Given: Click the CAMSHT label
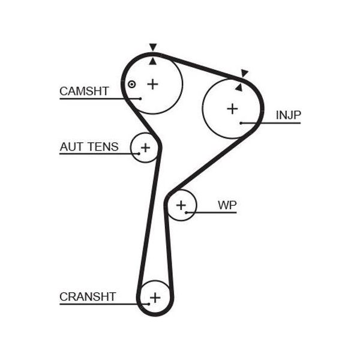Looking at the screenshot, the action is tap(84, 91).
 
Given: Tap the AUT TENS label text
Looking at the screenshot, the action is tap(89, 147).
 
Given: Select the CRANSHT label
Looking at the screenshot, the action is tap(88, 296).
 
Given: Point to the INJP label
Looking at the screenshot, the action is tap(288, 115).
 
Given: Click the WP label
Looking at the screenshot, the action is tap(227, 205).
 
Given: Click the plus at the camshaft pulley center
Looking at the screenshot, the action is tap(152, 84).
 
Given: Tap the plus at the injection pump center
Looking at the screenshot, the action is tap(232, 109).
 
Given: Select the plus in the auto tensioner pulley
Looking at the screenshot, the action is tap(145, 148).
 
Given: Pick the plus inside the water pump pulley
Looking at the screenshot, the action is tap(181, 205).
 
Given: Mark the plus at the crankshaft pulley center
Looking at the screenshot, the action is tap(155, 298).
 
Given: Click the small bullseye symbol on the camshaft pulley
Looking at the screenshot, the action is tap(131, 84).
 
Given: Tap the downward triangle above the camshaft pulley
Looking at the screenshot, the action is tap(153, 47).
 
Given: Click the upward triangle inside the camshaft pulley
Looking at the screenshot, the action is tap(152, 62).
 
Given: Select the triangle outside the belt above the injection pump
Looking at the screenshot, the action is tap(244, 73).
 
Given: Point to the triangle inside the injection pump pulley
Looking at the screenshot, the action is tap(239, 88).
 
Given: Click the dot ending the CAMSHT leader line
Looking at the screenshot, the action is tap(140, 99).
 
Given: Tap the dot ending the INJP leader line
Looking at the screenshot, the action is tap(241, 123).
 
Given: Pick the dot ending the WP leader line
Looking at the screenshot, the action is tap(186, 212).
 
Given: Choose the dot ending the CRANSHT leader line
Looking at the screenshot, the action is tap(149, 304).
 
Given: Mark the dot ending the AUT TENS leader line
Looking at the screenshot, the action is tap(139, 154).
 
